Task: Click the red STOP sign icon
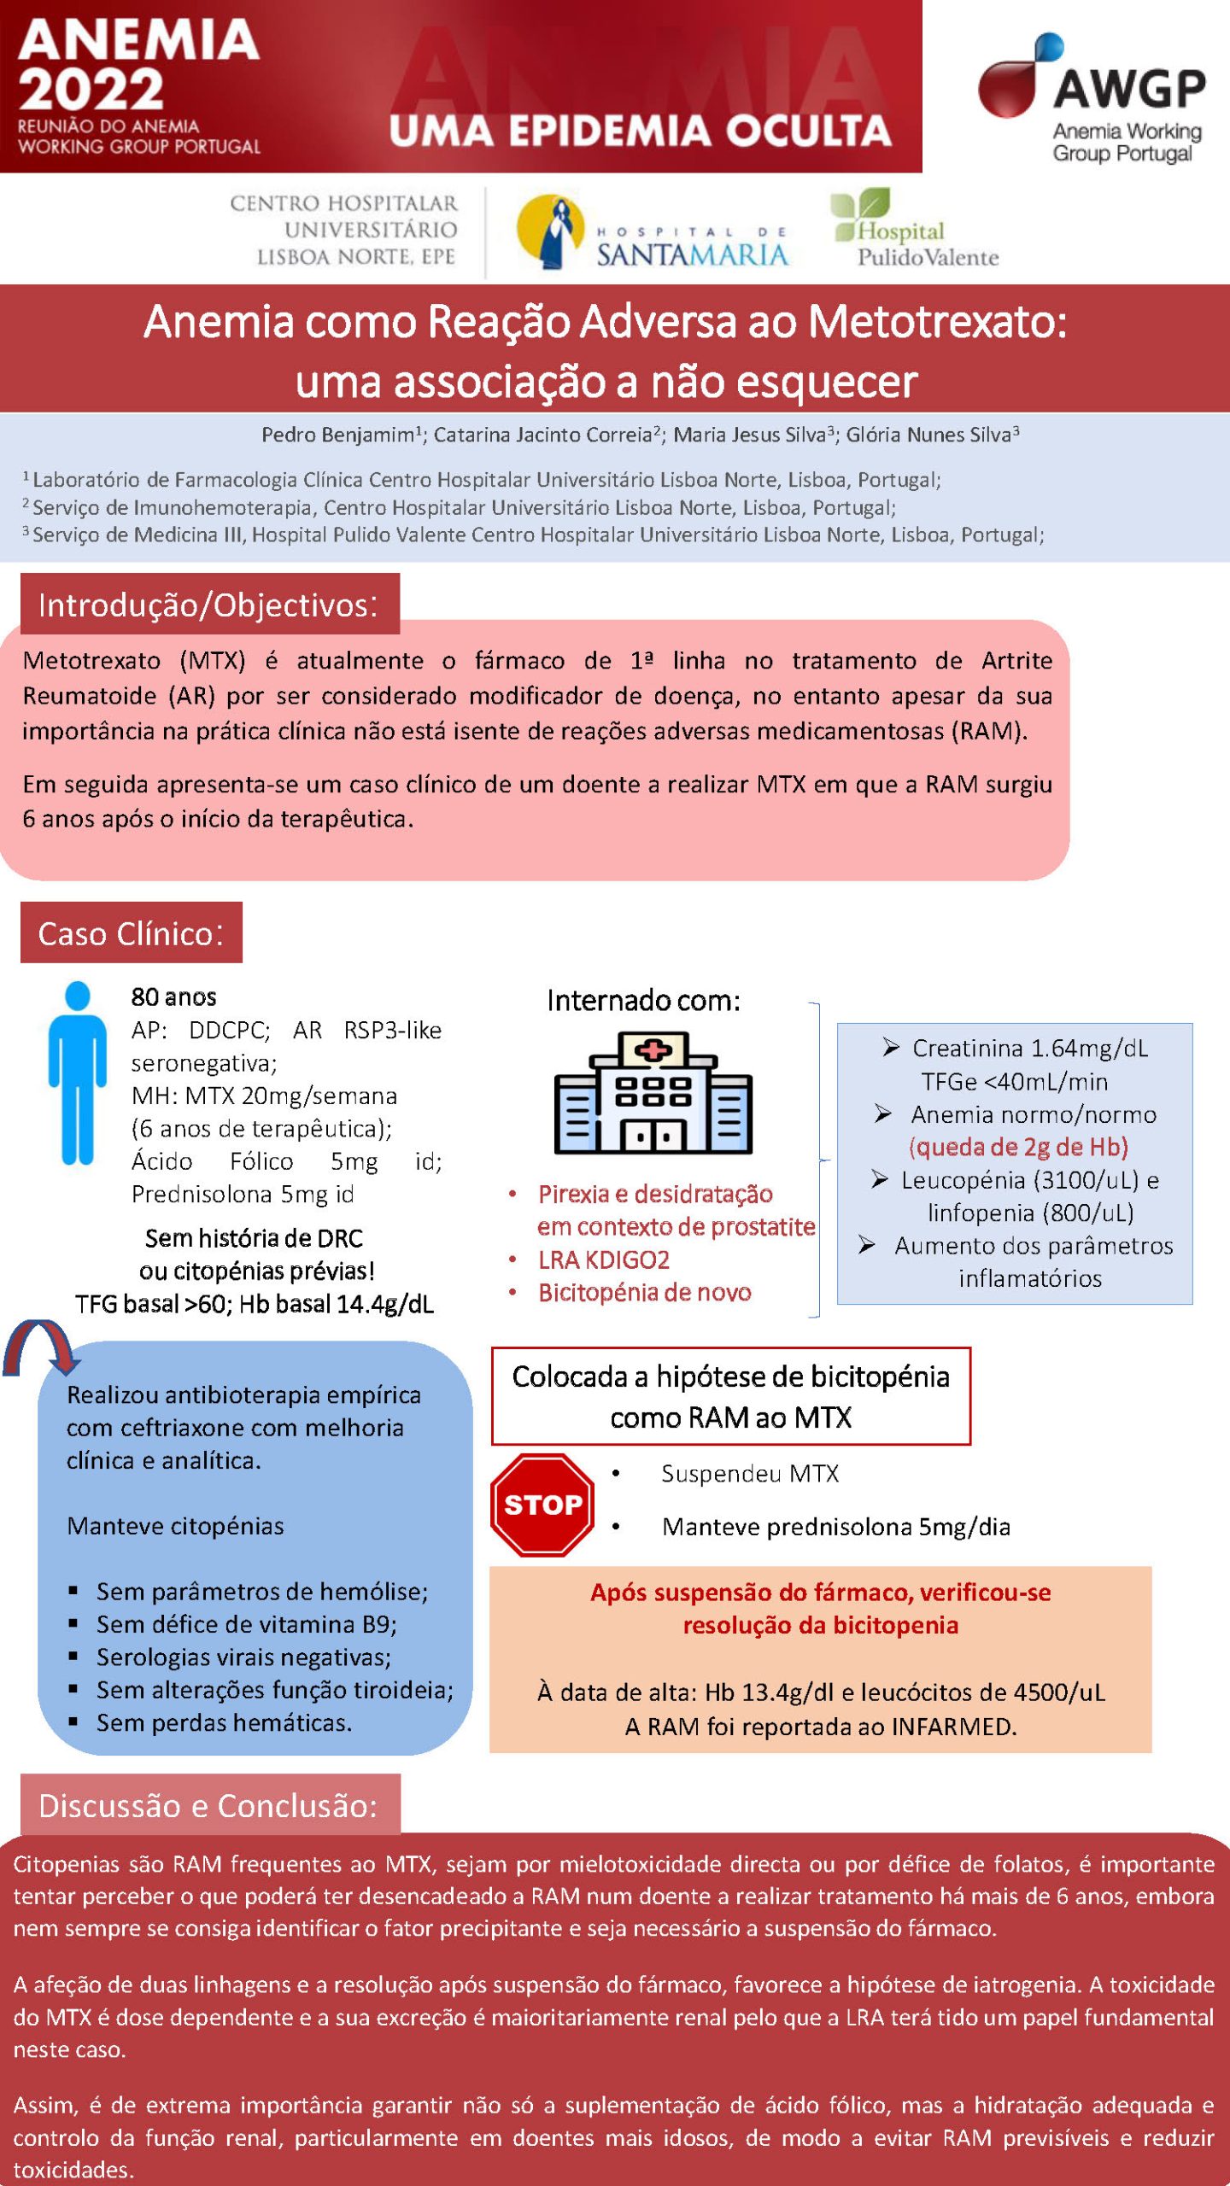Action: (x=542, y=1505)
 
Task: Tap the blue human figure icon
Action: (x=78, y=1072)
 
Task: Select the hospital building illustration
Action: (x=653, y=1092)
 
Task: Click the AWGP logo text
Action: (x=1128, y=88)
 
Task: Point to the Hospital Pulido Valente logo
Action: (x=914, y=230)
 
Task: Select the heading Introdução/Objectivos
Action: (x=208, y=605)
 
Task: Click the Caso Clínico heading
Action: (x=131, y=933)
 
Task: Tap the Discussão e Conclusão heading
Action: (x=208, y=1805)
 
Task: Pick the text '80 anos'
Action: (x=173, y=997)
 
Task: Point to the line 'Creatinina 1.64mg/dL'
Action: (x=1029, y=1048)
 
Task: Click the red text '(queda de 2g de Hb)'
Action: (x=1018, y=1147)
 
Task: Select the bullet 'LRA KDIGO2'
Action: (x=603, y=1260)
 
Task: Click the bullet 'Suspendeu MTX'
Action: (x=750, y=1474)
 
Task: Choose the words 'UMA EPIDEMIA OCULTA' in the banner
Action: (x=640, y=131)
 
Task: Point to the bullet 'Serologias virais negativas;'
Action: (x=243, y=1657)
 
